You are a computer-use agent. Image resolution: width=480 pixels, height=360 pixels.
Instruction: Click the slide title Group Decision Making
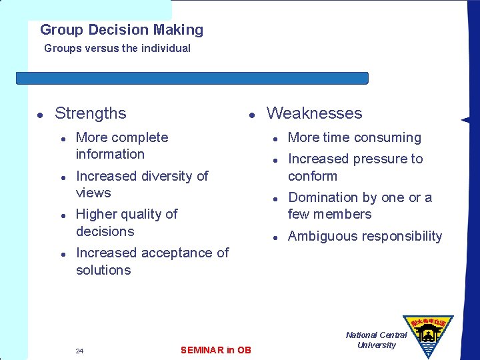(121, 30)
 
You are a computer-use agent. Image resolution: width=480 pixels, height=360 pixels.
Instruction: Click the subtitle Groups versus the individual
(117, 49)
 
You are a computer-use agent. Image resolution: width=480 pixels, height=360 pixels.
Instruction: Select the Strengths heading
(90, 113)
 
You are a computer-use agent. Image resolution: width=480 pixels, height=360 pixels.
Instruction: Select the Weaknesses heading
(314, 113)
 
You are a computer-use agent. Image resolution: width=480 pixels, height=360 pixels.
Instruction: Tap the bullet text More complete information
(121, 145)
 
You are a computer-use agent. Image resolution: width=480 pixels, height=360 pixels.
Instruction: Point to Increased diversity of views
(141, 184)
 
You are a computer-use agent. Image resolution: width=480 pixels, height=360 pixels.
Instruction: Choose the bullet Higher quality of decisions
(126, 223)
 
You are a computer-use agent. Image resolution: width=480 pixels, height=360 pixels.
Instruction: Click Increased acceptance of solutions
(151, 261)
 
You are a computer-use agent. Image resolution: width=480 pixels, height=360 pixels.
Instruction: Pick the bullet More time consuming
(354, 138)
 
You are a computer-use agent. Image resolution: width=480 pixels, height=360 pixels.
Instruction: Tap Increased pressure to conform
(355, 167)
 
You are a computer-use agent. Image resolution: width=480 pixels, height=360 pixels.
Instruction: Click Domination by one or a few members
(359, 206)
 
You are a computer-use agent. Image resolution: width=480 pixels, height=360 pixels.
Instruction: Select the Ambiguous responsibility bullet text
(365, 236)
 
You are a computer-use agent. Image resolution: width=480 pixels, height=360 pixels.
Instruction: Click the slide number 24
(79, 351)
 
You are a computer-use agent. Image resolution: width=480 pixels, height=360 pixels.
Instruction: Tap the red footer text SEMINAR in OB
(216, 350)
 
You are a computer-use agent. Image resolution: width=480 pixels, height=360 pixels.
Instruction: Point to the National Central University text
(376, 340)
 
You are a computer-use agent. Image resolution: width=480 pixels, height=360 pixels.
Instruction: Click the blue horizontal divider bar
(192, 78)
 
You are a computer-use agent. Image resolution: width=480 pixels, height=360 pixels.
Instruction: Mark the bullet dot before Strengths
(40, 115)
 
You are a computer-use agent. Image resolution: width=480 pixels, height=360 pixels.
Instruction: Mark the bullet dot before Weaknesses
(252, 115)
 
